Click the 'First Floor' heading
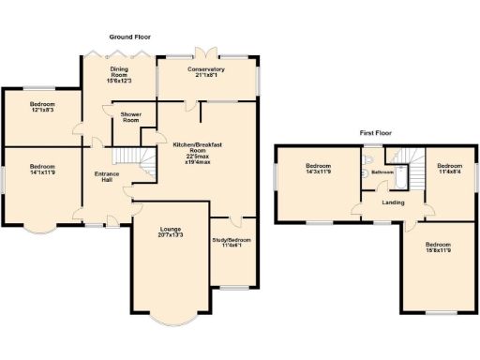[375, 134]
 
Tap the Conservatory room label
[205, 72]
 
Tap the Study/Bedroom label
[232, 243]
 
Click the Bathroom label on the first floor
[382, 172]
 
